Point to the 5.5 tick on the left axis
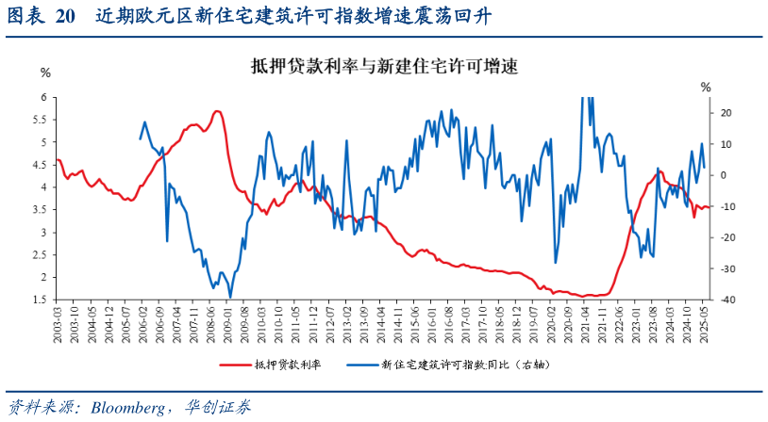(x=40, y=120)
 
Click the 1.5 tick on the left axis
(x=40, y=300)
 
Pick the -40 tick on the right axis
(x=726, y=300)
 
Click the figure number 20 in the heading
(x=64, y=16)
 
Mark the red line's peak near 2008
(x=217, y=111)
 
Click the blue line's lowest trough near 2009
(x=230, y=297)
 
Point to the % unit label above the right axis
(x=706, y=88)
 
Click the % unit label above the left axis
(x=44, y=73)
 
